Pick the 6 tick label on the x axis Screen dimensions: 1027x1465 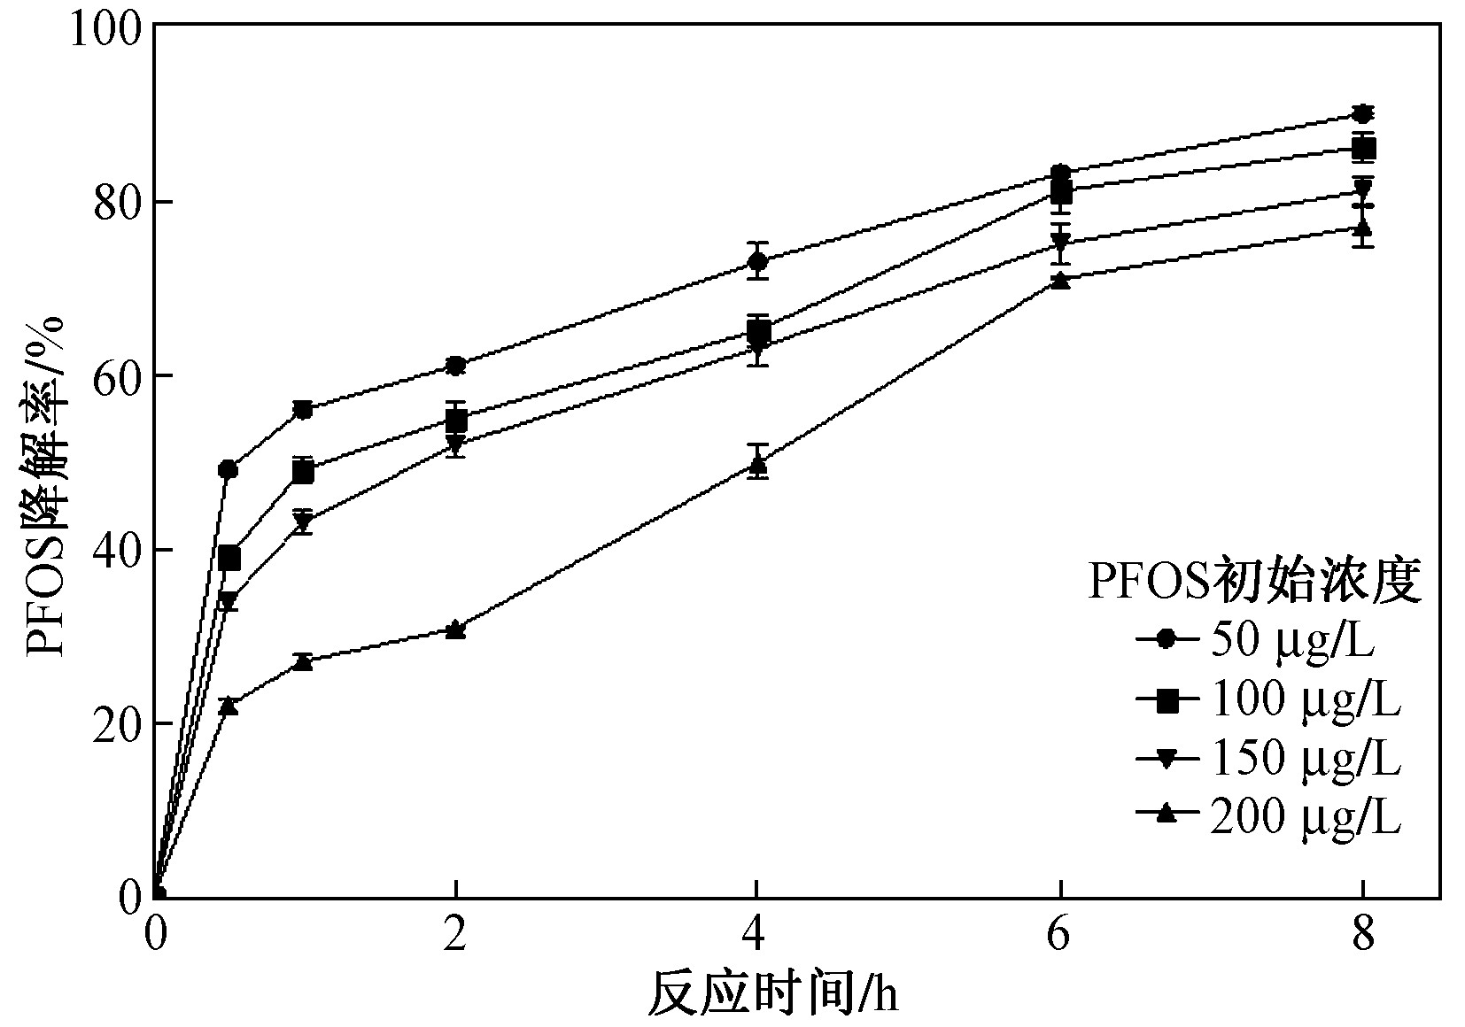click(x=1061, y=935)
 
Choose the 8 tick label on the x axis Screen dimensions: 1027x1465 click(x=1363, y=935)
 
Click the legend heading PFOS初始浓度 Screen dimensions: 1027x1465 click(x=1254, y=582)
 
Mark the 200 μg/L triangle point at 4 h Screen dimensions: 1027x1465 click(x=757, y=463)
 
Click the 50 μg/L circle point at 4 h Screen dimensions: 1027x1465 click(x=757, y=262)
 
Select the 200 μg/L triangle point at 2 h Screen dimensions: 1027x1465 click(x=455, y=629)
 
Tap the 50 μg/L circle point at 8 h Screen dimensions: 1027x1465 click(x=1363, y=114)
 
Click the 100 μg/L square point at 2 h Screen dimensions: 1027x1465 click(x=455, y=420)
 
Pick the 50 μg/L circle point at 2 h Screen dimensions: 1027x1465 click(x=455, y=366)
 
